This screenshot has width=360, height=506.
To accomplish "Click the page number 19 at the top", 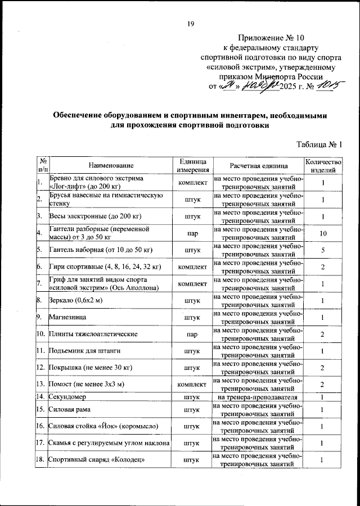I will click(x=191, y=23).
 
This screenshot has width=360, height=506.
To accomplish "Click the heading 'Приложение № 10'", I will click(x=277, y=37).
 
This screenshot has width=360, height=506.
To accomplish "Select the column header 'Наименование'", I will click(x=111, y=165).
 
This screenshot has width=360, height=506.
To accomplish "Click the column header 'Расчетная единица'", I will click(x=259, y=165).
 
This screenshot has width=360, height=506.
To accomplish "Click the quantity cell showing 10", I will click(x=323, y=233).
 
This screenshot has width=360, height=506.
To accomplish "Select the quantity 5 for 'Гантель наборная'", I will click(x=323, y=250).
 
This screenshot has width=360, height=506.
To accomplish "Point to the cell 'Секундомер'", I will click(x=70, y=397).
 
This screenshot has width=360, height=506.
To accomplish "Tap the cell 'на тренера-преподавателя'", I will click(x=259, y=397).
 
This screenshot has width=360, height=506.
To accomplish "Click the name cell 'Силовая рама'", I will click(x=70, y=410).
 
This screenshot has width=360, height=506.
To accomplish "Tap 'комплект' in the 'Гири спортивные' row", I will click(x=192, y=266).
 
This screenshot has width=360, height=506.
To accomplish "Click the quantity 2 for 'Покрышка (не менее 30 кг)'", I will click(x=323, y=368).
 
